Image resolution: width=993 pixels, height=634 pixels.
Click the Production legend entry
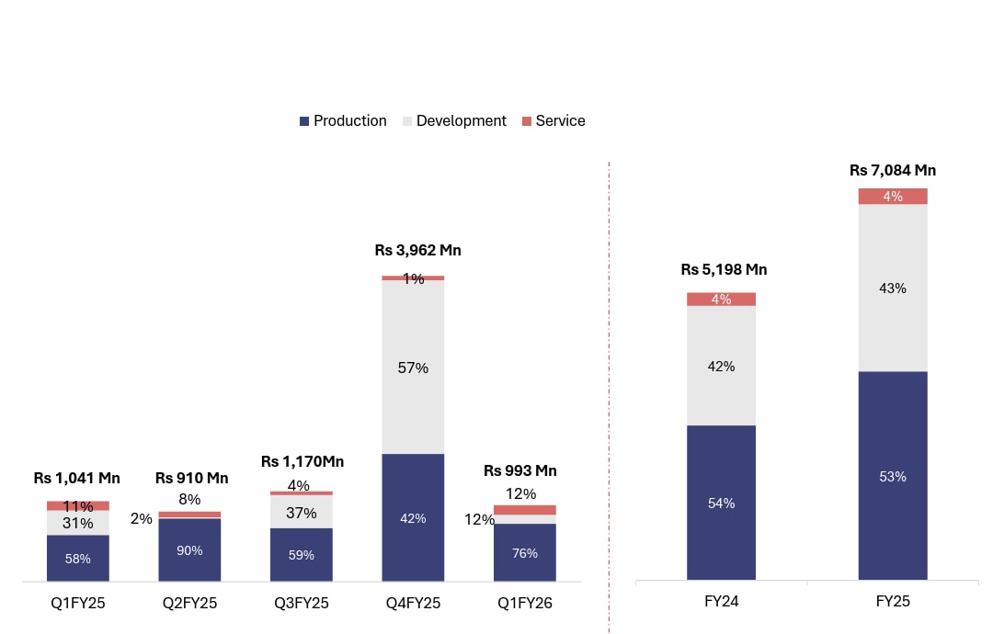pyautogui.click(x=343, y=121)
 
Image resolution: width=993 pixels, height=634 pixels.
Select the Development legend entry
pyautogui.click(x=454, y=121)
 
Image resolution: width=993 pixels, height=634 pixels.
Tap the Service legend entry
pyautogui.click(x=554, y=121)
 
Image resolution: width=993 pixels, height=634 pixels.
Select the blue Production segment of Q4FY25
pyautogui.click(x=413, y=517)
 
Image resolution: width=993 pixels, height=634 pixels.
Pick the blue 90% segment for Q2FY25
pyautogui.click(x=189, y=549)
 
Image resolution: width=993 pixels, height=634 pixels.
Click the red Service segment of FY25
pyautogui.click(x=893, y=197)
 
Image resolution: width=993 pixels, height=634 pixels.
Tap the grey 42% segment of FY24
pyautogui.click(x=721, y=366)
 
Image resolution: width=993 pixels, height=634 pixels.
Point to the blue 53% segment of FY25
pyautogui.click(x=893, y=476)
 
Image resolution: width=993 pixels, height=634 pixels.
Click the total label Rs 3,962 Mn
pyautogui.click(x=417, y=250)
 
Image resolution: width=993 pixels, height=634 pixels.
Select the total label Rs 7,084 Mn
pyautogui.click(x=893, y=170)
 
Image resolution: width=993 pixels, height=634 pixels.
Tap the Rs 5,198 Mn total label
pyautogui.click(x=724, y=270)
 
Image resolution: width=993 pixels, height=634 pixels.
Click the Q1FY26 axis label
pyautogui.click(x=524, y=604)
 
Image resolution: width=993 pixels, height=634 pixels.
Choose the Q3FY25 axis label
pyautogui.click(x=301, y=604)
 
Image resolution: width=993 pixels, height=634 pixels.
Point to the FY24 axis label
pyautogui.click(x=721, y=603)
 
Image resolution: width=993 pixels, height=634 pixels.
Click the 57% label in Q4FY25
pyautogui.click(x=413, y=368)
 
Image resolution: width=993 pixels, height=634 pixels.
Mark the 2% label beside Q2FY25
pyautogui.click(x=142, y=519)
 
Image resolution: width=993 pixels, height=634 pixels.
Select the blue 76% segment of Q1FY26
pyautogui.click(x=525, y=552)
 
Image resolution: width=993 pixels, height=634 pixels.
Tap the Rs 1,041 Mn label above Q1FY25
pyautogui.click(x=77, y=479)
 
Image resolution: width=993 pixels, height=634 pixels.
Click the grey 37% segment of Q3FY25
pyautogui.click(x=301, y=513)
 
